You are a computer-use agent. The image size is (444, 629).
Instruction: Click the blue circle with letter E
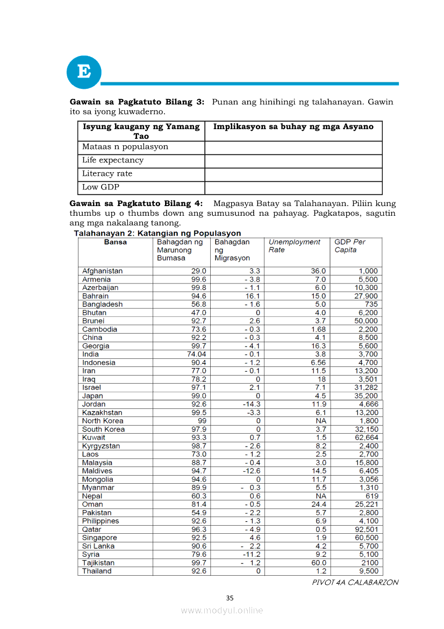pyautogui.click(x=84, y=72)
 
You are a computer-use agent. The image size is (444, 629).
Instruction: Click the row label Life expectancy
pyautogui.click(x=113, y=160)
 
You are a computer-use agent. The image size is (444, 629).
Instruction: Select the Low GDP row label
pyautogui.click(x=101, y=187)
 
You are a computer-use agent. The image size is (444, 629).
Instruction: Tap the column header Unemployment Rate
pyautogui.click(x=294, y=246)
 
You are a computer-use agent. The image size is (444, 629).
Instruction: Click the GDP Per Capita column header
pyautogui.click(x=349, y=246)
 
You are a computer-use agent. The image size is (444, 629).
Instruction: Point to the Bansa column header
pyautogui.click(x=116, y=242)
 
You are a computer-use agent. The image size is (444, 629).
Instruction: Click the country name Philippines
pyautogui.click(x=101, y=521)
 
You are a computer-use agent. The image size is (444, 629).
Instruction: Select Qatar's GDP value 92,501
pyautogui.click(x=365, y=529)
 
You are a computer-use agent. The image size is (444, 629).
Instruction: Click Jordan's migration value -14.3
pyautogui.click(x=251, y=404)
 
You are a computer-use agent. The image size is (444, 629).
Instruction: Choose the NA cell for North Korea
pyautogui.click(x=320, y=421)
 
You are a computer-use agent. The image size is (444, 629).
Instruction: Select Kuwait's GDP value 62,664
pyautogui.click(x=365, y=437)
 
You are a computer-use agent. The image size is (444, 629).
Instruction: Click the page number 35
pyautogui.click(x=230, y=598)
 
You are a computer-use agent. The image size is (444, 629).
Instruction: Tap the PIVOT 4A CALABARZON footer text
pyautogui.click(x=355, y=582)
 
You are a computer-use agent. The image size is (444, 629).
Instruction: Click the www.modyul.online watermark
pyautogui.click(x=222, y=610)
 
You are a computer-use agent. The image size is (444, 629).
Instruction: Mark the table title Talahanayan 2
pyautogui.click(x=157, y=233)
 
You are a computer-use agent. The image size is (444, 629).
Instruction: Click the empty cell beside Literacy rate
pyautogui.click(x=293, y=174)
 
